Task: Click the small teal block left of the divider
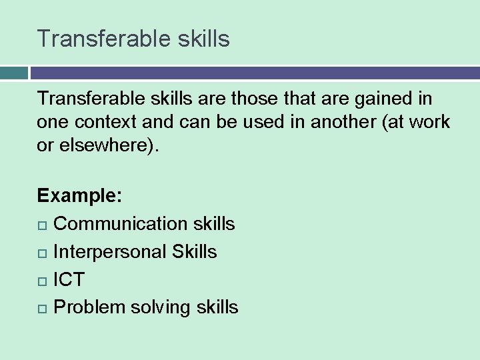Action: click(13, 73)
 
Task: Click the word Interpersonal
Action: click(109, 252)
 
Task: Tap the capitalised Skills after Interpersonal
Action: click(194, 252)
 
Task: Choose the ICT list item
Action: click(69, 279)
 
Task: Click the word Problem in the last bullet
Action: click(89, 307)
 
